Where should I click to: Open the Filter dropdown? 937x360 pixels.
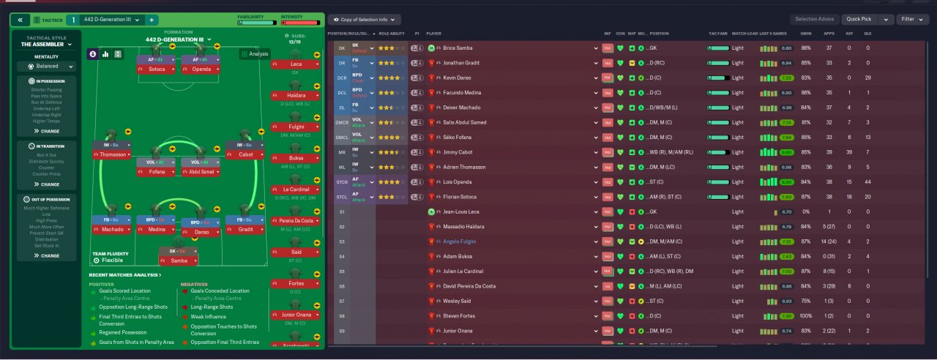click(x=911, y=20)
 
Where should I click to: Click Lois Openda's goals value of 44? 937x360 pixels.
click(x=868, y=182)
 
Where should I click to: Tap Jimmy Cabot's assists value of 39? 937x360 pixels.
click(x=849, y=152)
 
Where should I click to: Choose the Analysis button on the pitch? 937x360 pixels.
click(x=254, y=53)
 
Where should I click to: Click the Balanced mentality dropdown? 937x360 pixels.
click(x=46, y=66)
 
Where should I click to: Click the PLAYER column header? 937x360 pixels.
click(x=434, y=34)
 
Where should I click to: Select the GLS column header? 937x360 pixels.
click(x=868, y=34)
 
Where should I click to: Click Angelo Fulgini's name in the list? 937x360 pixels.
click(x=460, y=241)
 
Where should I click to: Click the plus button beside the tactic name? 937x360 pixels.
click(x=151, y=20)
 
